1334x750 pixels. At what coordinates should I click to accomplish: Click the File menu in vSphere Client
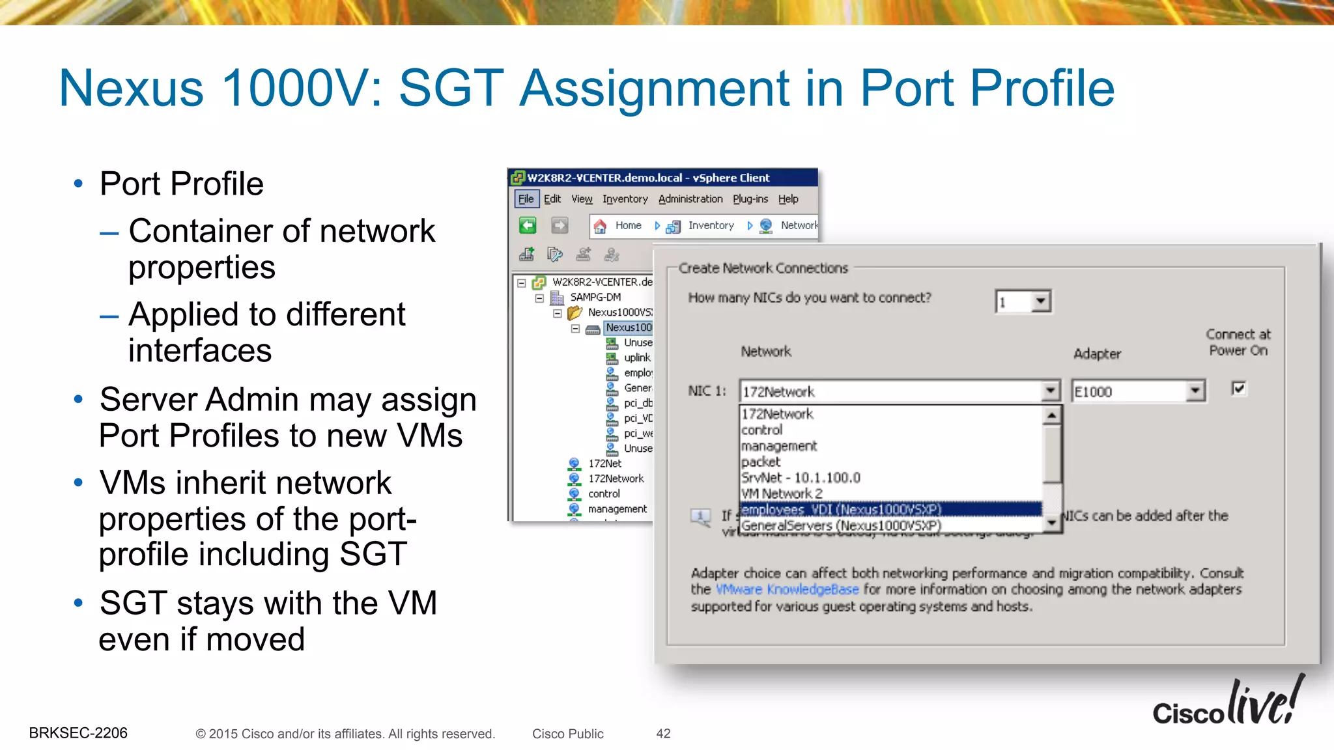526,199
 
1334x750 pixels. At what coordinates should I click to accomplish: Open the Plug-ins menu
750,199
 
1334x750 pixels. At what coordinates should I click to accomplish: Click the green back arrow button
528,226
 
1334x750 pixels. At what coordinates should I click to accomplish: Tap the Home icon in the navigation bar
601,226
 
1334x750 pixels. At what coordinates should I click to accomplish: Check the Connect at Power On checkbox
1239,389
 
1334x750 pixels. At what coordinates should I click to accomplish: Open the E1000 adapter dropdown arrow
1195,391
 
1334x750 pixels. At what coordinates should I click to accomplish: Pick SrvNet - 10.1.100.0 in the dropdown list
801,478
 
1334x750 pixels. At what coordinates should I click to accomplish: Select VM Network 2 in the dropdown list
782,493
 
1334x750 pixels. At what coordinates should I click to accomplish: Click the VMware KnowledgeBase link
788,589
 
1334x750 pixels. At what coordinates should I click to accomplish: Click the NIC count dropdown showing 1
1023,301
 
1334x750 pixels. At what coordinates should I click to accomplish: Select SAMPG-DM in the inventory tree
595,298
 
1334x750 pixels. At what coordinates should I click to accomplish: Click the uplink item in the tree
636,357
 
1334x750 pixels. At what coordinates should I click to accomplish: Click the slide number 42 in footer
663,734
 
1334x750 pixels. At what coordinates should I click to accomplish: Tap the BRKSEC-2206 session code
78,733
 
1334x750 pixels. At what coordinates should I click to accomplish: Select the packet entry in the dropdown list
761,462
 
